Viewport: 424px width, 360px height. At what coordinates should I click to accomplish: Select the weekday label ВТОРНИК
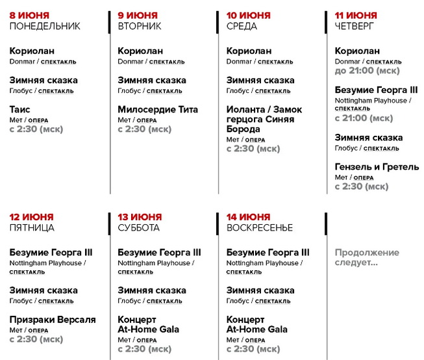(x=140, y=27)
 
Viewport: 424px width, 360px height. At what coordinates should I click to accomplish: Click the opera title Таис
(x=20, y=109)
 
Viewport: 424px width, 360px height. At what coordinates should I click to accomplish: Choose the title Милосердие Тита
(x=158, y=109)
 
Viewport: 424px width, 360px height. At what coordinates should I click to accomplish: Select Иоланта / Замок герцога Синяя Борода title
(x=264, y=119)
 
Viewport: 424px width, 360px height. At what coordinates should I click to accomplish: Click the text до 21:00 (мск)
(x=367, y=71)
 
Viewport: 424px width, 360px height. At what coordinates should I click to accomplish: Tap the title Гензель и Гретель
(x=377, y=167)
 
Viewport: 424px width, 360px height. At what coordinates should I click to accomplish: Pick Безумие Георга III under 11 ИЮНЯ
(x=376, y=90)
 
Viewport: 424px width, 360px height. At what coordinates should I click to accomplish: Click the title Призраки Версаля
(x=53, y=320)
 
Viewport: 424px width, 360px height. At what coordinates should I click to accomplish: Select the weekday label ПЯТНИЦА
(x=32, y=228)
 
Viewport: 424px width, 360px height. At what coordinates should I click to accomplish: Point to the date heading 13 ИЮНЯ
(x=140, y=217)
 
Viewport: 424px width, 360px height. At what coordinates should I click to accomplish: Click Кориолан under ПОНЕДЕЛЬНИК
(x=32, y=51)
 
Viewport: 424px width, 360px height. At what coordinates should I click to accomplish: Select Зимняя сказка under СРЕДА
(x=260, y=80)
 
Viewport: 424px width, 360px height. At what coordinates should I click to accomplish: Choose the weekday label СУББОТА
(x=138, y=228)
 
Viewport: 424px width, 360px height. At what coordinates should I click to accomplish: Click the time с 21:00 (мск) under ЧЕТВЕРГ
(x=364, y=118)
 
